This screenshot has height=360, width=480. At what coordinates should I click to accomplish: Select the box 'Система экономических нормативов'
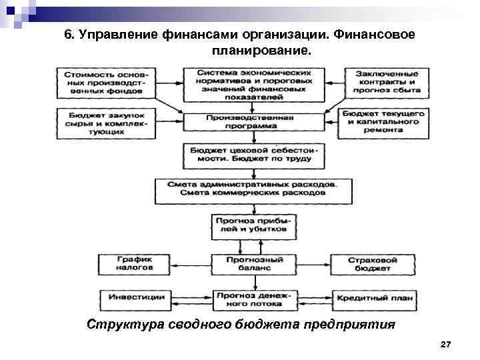[255, 83]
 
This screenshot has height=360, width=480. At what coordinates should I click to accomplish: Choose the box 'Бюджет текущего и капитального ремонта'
[382, 121]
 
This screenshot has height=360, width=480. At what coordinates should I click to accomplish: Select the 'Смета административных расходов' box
[254, 189]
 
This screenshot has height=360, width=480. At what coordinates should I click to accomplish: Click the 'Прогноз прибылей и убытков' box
[250, 225]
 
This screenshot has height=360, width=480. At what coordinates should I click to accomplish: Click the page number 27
[446, 344]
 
